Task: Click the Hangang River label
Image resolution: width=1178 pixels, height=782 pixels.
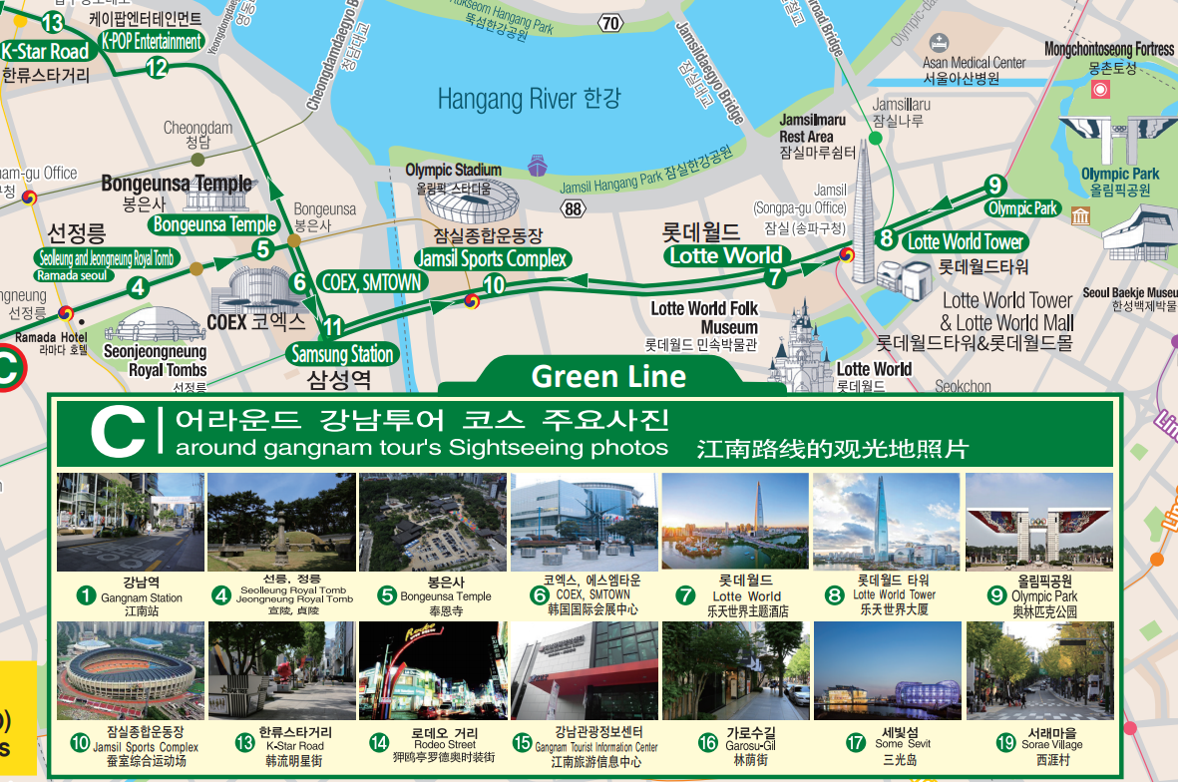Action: point(529,99)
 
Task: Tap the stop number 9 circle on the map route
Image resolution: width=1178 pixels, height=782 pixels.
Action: point(993,186)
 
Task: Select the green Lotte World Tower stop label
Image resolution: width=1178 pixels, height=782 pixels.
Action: point(965,241)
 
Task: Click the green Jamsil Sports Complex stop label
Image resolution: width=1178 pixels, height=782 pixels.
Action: point(492,259)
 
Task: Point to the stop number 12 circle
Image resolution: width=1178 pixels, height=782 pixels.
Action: point(157,68)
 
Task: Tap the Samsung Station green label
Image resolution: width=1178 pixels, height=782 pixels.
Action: point(341,354)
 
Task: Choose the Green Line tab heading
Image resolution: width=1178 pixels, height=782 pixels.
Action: point(608,376)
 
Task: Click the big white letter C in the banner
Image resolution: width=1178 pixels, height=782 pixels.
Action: point(118,431)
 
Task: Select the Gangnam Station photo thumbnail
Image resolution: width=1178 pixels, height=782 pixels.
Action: point(130,522)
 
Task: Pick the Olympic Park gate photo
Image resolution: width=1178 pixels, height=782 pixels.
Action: point(1038,522)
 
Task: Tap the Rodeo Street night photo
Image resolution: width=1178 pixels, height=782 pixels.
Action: point(433,670)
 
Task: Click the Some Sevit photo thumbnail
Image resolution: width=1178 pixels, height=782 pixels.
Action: point(888,670)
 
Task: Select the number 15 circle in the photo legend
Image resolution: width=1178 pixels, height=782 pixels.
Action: point(523,743)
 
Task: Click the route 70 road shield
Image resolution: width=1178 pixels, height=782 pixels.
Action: point(610,23)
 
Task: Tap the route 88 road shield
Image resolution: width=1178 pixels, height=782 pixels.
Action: point(573,208)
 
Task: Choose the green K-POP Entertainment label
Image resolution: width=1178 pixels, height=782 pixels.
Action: point(152,42)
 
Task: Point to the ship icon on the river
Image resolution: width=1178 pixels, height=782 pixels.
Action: point(538,165)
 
